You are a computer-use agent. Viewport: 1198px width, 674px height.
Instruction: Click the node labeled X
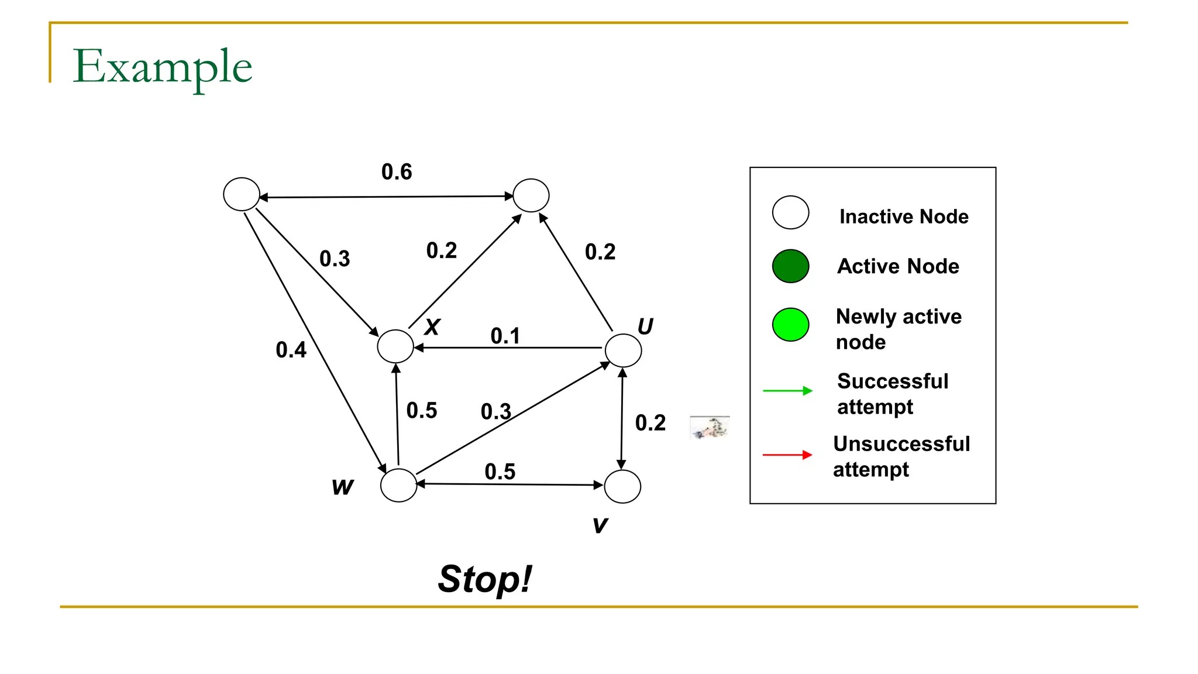(x=395, y=346)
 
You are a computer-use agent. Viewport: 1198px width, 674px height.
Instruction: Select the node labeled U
(x=623, y=350)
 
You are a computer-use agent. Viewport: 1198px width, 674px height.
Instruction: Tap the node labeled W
(x=398, y=485)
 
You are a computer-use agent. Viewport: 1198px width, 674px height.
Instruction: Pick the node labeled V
(x=622, y=486)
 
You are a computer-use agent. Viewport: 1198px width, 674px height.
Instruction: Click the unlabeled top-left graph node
(x=242, y=194)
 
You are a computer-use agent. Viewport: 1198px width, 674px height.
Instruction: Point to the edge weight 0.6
(x=397, y=172)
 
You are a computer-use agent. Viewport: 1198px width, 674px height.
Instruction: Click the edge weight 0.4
(x=291, y=350)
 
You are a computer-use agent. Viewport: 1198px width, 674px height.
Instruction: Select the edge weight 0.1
(x=505, y=336)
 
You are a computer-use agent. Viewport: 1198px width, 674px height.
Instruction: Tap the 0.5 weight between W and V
(x=500, y=472)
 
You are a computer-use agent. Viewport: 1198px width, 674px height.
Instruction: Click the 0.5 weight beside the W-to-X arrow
(x=422, y=411)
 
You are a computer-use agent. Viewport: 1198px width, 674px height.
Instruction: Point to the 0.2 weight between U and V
(x=650, y=423)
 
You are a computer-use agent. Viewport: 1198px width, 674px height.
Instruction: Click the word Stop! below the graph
(x=485, y=579)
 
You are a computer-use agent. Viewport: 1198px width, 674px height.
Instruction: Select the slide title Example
(x=163, y=67)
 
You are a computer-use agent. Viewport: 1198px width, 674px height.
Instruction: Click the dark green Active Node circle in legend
(x=790, y=266)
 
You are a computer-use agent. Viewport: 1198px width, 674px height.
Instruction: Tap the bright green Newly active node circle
(x=790, y=325)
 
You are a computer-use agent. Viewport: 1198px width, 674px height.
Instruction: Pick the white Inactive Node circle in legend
(x=790, y=212)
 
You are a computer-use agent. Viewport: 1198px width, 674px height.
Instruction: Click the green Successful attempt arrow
(x=787, y=390)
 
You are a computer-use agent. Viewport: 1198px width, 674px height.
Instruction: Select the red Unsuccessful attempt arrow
(x=787, y=455)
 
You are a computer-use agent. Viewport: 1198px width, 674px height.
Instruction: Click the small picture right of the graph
(x=710, y=428)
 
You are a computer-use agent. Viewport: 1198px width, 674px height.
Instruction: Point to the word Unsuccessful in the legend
(x=901, y=444)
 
